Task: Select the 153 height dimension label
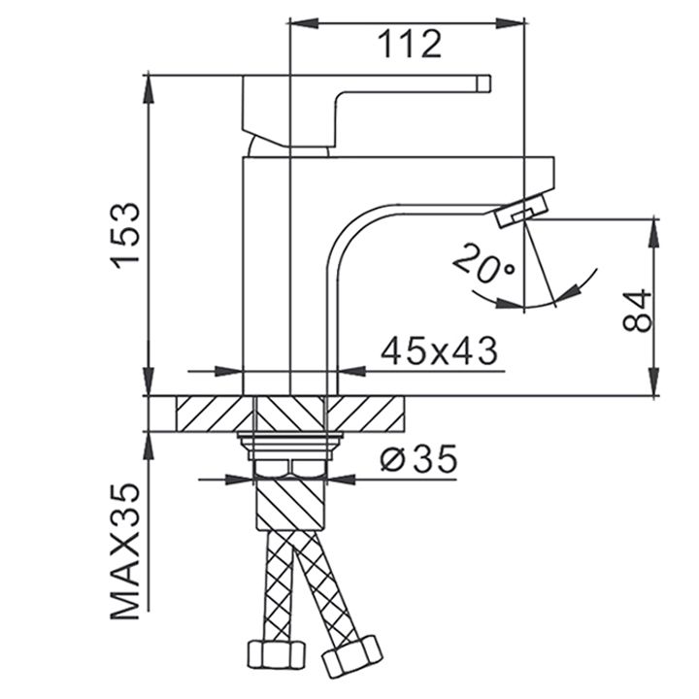click(x=126, y=237)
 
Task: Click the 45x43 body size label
click(x=439, y=349)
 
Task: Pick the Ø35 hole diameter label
click(x=418, y=459)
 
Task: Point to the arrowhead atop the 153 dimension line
click(x=150, y=89)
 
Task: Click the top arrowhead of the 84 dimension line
click(x=653, y=231)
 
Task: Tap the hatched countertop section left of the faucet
click(x=209, y=414)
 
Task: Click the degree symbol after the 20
click(x=508, y=269)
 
